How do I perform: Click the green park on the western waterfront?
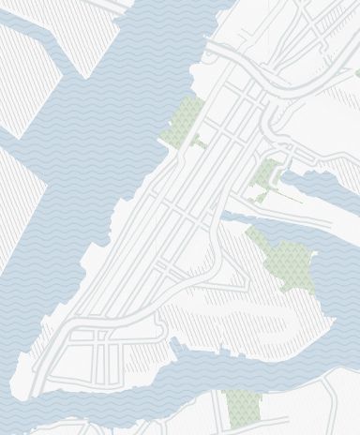coord(184,122)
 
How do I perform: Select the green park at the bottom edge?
coord(243,409)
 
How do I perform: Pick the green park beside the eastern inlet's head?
coord(266,174)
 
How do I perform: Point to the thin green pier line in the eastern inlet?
coord(291,200)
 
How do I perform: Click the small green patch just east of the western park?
coord(200,142)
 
